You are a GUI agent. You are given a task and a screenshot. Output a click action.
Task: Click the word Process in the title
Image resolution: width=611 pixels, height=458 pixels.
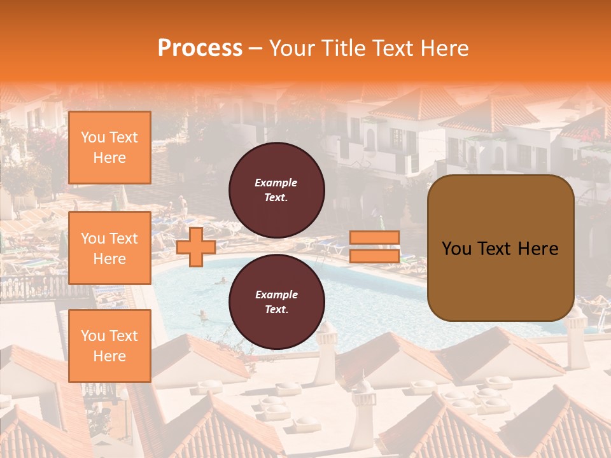click(x=200, y=48)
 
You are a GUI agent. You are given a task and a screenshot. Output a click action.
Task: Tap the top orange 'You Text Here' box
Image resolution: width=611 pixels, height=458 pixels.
click(x=109, y=148)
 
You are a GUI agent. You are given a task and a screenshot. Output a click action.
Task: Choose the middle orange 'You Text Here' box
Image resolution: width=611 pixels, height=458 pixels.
click(x=109, y=248)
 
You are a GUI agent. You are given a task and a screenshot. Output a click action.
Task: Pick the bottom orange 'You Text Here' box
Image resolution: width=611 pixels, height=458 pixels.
click(x=109, y=345)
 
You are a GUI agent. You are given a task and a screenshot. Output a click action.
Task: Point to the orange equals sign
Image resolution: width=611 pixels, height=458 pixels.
click(x=374, y=247)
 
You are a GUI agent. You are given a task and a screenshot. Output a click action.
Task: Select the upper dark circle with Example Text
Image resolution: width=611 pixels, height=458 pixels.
click(x=277, y=190)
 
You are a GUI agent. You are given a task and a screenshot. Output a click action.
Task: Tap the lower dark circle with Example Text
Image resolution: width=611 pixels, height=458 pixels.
click(x=277, y=302)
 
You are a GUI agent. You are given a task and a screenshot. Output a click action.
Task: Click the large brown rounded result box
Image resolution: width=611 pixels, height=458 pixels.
click(x=500, y=248)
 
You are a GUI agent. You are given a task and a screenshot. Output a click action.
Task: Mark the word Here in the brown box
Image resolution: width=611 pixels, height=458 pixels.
click(x=537, y=249)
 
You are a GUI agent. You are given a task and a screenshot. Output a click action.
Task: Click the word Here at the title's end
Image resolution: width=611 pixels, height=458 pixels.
click(x=444, y=48)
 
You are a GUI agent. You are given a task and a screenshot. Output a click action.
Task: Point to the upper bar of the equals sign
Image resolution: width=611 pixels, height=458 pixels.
click(x=374, y=238)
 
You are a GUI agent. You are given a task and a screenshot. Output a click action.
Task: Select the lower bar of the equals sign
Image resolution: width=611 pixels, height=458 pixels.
click(x=374, y=256)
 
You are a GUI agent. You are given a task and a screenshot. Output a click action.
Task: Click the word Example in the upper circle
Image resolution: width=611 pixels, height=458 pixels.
click(x=276, y=183)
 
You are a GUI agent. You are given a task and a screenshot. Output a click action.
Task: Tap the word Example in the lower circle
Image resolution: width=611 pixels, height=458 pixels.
click(x=276, y=295)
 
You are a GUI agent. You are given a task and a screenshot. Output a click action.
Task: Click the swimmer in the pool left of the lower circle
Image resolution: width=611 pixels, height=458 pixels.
click(x=203, y=314)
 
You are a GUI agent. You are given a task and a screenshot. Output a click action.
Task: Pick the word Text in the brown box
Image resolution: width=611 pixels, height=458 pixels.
click(x=495, y=249)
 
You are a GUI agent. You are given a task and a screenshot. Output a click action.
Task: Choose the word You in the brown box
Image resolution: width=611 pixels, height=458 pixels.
click(x=456, y=249)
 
